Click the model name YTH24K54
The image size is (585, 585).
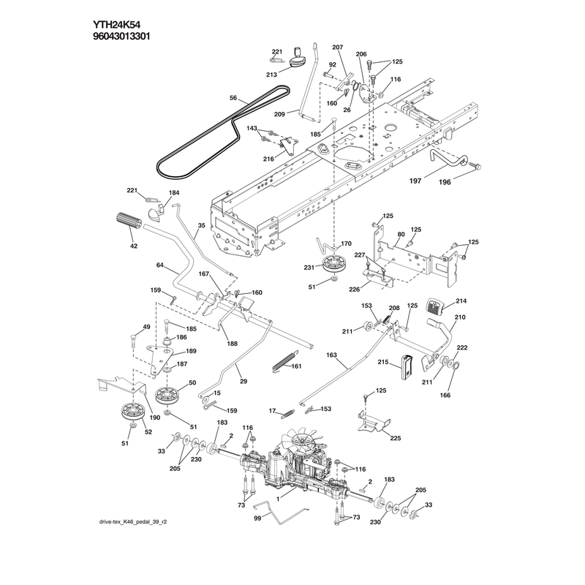116,25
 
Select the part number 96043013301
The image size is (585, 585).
121,37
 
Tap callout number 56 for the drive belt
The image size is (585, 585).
233,98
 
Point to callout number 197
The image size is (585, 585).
415,181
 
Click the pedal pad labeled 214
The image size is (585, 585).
434,306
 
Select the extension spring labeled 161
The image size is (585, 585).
285,361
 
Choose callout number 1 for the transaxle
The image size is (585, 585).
278,499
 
